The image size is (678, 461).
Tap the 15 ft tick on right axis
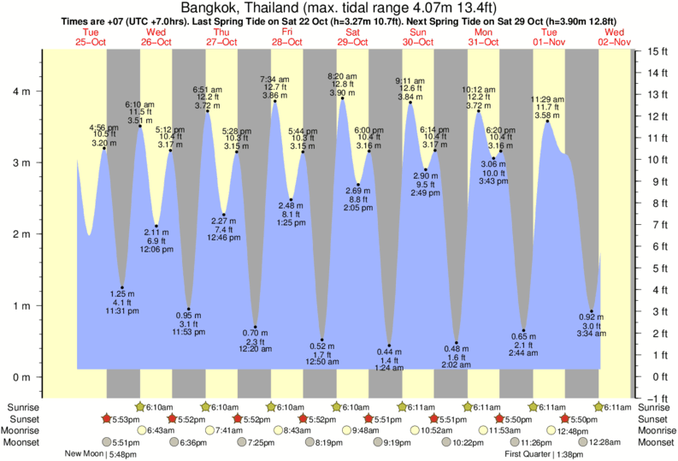657,51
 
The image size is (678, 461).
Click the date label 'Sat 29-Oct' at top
352,37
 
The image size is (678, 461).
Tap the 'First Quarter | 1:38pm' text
544,454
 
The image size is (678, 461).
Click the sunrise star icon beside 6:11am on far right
599,406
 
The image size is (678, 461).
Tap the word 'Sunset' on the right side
655,418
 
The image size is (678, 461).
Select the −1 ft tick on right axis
657,399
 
